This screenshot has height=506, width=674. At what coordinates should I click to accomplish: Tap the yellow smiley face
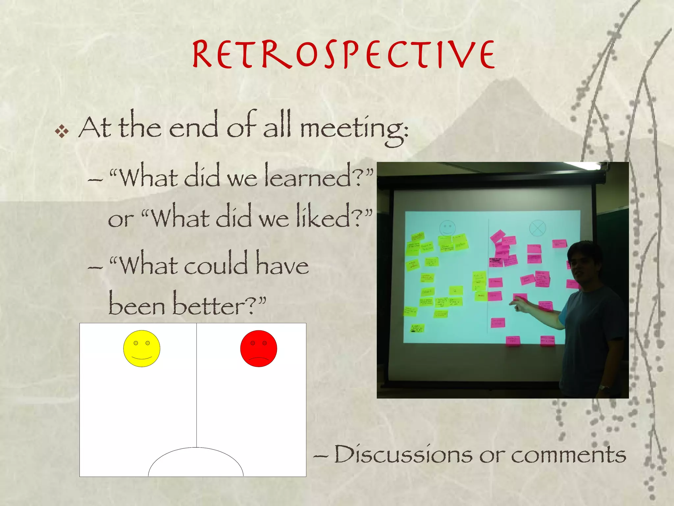click(142, 348)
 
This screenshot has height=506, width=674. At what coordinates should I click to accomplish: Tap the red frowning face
click(258, 348)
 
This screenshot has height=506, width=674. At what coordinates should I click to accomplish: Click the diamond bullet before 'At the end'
click(62, 132)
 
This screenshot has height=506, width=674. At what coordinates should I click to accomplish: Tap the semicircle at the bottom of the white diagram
click(196, 463)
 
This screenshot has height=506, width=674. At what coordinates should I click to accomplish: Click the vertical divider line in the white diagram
click(196, 385)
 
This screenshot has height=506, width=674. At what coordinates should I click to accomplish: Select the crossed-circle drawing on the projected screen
click(537, 228)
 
